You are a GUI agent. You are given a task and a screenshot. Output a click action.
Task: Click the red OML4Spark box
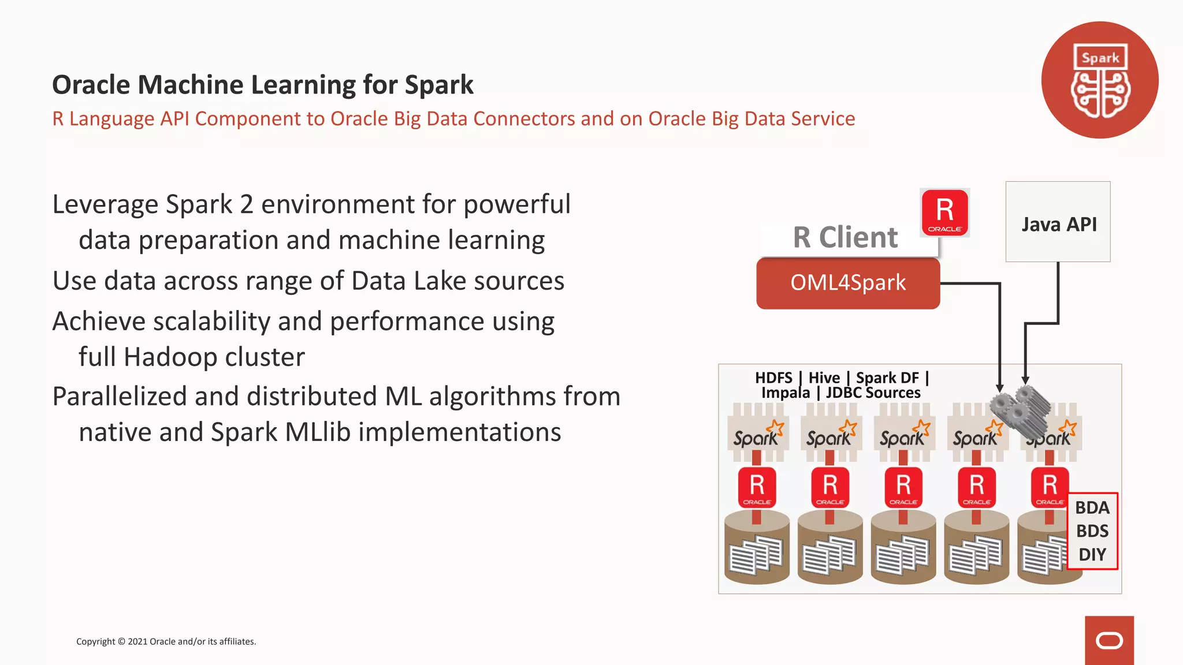847,283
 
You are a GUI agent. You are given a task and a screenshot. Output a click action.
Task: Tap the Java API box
1058,223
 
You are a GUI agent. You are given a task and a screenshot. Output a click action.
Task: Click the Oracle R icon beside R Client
944,212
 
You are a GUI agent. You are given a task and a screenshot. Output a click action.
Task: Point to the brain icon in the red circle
1100,94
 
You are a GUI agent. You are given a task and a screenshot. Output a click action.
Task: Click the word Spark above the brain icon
1100,58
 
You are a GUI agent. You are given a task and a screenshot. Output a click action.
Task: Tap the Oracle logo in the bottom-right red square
1109,641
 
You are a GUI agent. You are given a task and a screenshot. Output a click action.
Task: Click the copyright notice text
166,641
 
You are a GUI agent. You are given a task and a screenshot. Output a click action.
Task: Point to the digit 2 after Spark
247,204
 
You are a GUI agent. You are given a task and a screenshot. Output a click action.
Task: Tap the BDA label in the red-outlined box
1092,508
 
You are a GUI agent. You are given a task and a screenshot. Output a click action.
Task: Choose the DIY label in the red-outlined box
1092,555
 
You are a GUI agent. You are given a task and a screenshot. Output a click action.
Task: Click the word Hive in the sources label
824,378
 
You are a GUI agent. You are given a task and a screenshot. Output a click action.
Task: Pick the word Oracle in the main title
91,85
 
